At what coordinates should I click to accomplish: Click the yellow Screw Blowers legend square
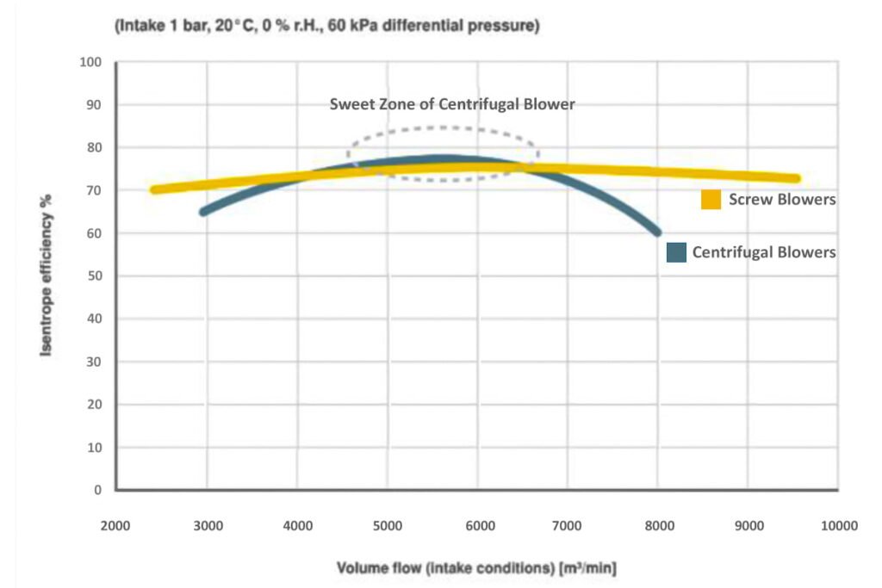point(711,200)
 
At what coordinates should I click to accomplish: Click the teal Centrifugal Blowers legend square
point(677,252)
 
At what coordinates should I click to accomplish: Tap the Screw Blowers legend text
point(782,200)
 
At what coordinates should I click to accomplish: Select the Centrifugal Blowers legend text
point(764,252)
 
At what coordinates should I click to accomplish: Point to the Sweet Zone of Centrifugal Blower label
point(452,104)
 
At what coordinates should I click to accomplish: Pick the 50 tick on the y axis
point(94,276)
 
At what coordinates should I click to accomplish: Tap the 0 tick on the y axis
point(97,490)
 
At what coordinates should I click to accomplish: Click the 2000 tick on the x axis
point(115,525)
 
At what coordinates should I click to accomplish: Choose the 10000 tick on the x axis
point(838,525)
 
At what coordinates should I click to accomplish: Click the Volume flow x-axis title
point(475,568)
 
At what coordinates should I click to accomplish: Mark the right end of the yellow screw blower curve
point(796,179)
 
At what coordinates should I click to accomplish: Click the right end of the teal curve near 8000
point(657,231)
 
